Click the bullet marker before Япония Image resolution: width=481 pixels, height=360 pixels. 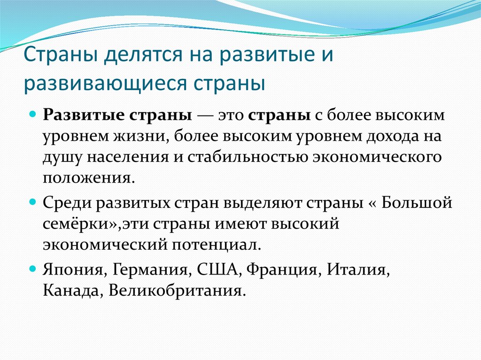pos(32,271)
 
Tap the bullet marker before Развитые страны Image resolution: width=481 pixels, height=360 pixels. pos(32,115)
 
